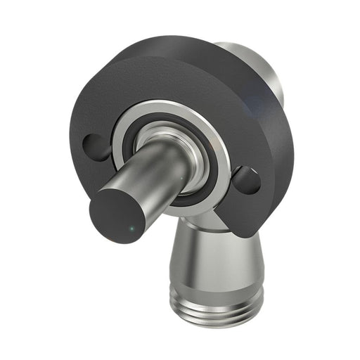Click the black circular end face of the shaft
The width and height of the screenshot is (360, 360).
coord(122,214)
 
